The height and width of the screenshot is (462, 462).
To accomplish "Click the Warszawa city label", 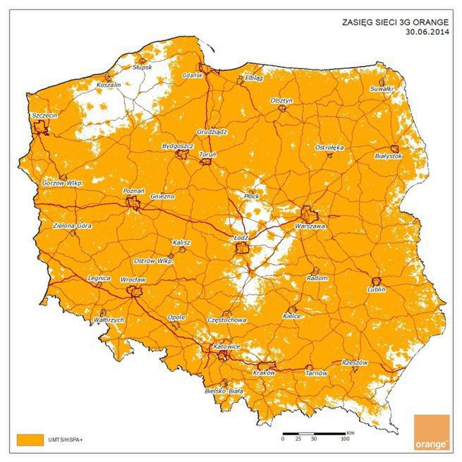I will [310, 227].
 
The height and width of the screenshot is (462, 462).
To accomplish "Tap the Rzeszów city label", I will [355, 362].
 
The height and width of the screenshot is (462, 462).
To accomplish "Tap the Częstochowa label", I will [227, 320].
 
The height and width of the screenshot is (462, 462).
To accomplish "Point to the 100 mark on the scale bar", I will [344, 439].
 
